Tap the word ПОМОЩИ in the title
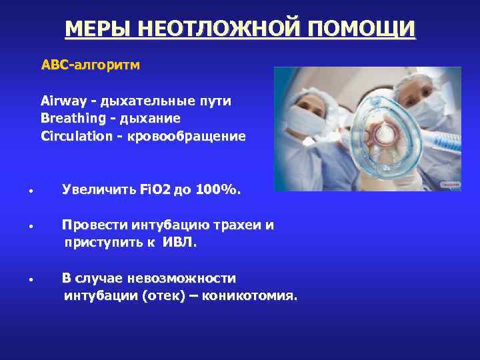361,29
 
